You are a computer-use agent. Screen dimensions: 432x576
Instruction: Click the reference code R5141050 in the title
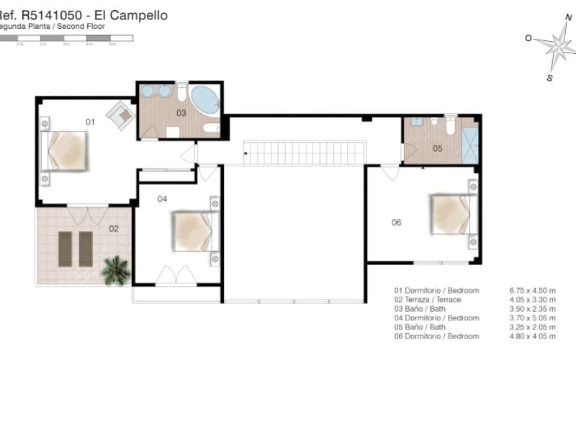tap(58, 14)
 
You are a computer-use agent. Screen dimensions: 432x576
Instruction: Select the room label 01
tap(90, 122)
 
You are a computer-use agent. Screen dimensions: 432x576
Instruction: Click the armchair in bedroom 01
tap(120, 114)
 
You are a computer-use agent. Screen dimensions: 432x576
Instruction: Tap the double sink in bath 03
tap(156, 91)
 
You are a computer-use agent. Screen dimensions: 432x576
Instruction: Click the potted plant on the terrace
tap(115, 271)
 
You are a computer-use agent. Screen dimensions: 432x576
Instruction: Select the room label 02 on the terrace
tap(114, 229)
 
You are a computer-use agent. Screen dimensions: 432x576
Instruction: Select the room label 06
tap(396, 222)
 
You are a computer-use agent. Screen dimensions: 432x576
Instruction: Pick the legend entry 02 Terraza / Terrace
tap(428, 300)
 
